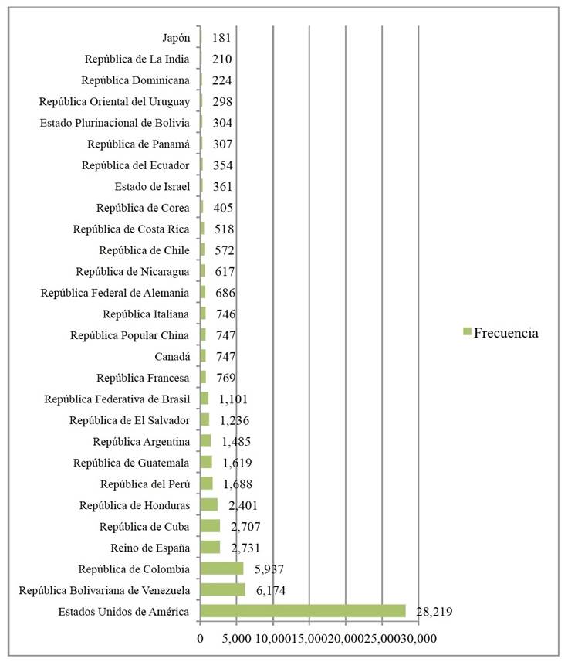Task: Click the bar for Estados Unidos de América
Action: [x=303, y=611]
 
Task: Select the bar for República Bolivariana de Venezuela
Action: [x=222, y=590]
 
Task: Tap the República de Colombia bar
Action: [x=221, y=569]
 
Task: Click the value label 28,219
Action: [x=434, y=612]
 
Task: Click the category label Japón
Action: [x=175, y=37]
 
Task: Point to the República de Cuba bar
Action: [x=210, y=526]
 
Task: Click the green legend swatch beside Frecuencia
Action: [x=466, y=332]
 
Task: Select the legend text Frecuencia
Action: [x=505, y=333]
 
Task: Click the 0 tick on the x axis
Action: [x=200, y=639]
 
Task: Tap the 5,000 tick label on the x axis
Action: [x=236, y=639]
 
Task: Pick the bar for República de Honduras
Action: [x=208, y=505]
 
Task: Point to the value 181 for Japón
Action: [x=221, y=37]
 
